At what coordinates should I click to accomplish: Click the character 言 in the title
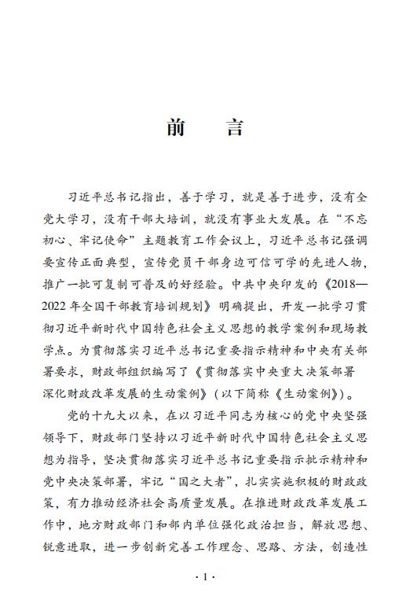(234, 128)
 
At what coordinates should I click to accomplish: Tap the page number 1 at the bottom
(203, 577)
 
